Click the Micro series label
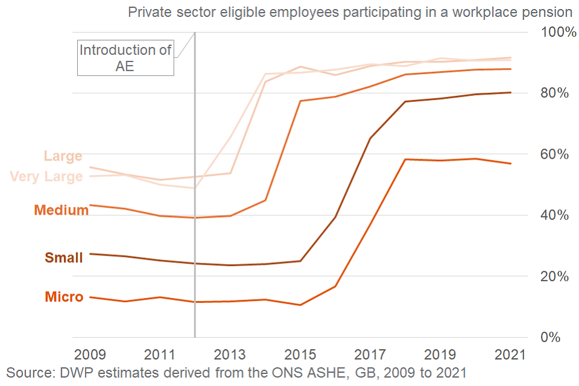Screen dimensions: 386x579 [x=64, y=297]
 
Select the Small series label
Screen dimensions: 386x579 [x=64, y=258]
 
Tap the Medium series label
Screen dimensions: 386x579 [x=61, y=210]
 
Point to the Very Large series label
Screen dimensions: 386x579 [x=46, y=177]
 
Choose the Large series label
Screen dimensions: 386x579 [x=63, y=156]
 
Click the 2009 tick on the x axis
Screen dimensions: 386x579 [x=89, y=353]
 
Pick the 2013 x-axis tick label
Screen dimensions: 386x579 [x=230, y=353]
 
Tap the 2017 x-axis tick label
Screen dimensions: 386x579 [x=370, y=353]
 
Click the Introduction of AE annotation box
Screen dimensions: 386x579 [x=125, y=58]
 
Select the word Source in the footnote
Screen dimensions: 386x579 [x=28, y=372]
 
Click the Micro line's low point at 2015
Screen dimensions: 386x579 [x=300, y=305]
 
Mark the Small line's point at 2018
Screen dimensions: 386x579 [x=405, y=101]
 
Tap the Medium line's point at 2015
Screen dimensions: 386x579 [x=300, y=101]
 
